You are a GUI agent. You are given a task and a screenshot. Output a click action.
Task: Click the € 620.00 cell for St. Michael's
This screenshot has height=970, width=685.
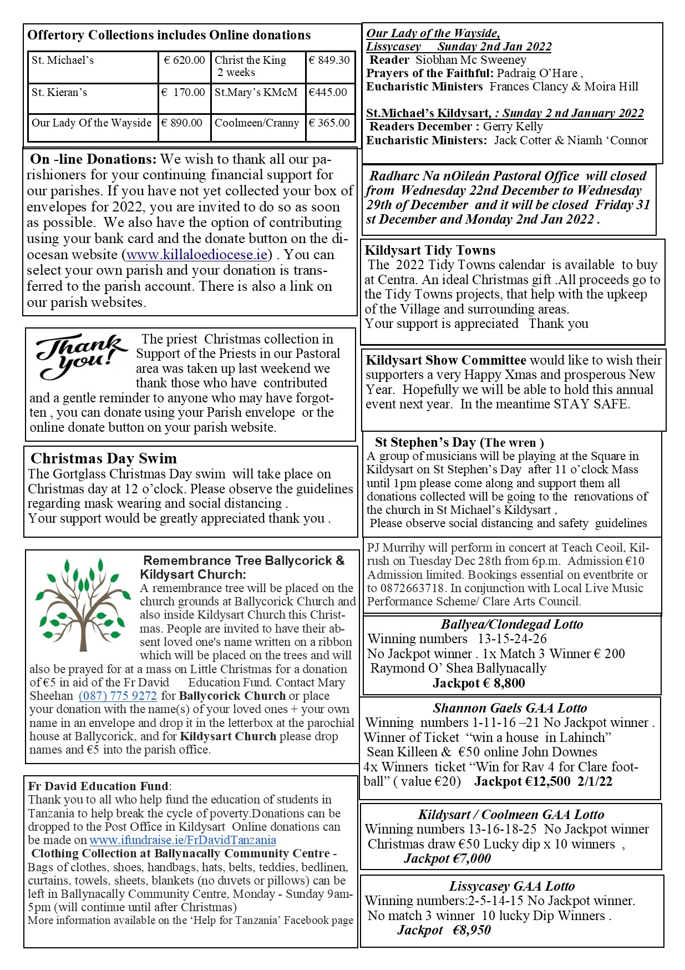184,60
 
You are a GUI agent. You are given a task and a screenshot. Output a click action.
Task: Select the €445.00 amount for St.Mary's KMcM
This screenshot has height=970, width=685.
328,93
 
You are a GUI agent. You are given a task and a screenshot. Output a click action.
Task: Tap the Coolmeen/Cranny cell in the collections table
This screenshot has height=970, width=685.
257,123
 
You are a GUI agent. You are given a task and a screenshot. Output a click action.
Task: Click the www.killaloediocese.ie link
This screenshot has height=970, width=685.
197,255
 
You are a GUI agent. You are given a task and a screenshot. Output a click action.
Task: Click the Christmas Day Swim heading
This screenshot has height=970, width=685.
104,459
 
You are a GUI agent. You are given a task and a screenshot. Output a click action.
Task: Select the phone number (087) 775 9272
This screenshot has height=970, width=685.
118,696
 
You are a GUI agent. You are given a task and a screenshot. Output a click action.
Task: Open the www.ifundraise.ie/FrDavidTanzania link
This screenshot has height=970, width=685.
182,840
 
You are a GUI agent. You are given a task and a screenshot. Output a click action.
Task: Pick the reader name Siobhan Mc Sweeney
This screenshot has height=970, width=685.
471,60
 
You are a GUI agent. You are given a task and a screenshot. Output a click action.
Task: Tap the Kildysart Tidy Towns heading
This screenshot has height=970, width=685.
430,250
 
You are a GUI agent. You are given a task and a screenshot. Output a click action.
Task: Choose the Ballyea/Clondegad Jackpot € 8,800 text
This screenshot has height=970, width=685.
479,683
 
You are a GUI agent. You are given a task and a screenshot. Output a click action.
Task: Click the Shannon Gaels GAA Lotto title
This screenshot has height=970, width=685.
510,708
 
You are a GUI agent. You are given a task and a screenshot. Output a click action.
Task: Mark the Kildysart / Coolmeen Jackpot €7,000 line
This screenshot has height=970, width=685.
447,858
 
